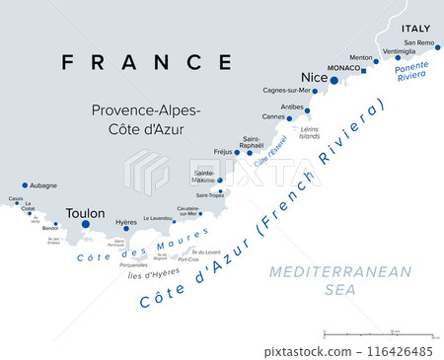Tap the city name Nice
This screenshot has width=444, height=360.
pos(313,78)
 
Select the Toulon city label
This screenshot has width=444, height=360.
pos(84,212)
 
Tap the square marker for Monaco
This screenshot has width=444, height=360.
pos(363,71)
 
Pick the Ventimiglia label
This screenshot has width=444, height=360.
pos(400,50)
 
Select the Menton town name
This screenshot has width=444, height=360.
pos(361,57)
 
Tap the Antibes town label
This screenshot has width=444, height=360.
pos(293,107)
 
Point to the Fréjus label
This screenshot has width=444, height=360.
pos(223,152)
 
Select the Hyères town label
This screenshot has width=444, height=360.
pos(126,223)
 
